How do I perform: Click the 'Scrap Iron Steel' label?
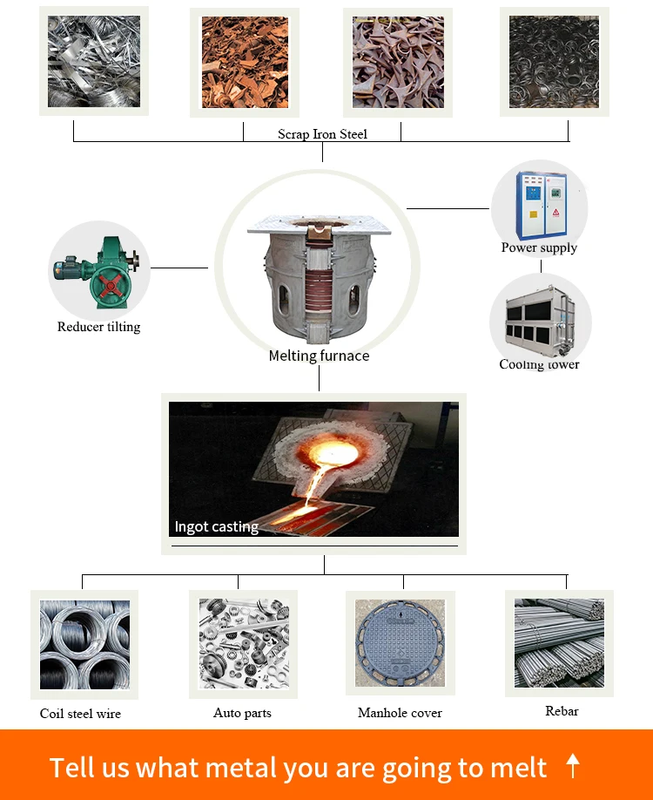coord(322,134)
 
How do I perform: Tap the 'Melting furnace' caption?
coord(319,356)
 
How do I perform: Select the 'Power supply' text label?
coord(539,247)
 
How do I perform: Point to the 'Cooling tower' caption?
coord(539,364)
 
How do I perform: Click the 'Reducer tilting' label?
coord(98,327)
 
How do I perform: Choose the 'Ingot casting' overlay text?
coord(216,526)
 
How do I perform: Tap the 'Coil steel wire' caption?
coord(80,714)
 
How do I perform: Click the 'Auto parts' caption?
coord(242,713)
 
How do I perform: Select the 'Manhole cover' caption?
coord(400,713)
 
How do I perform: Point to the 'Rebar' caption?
coord(562,711)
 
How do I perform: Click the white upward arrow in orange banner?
coord(572,766)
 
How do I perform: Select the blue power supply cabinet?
coord(541,207)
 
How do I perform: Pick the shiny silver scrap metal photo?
coord(93,61)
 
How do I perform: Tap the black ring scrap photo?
coord(554,62)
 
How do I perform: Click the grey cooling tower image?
coord(540,323)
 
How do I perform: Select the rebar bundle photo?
coord(559,642)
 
